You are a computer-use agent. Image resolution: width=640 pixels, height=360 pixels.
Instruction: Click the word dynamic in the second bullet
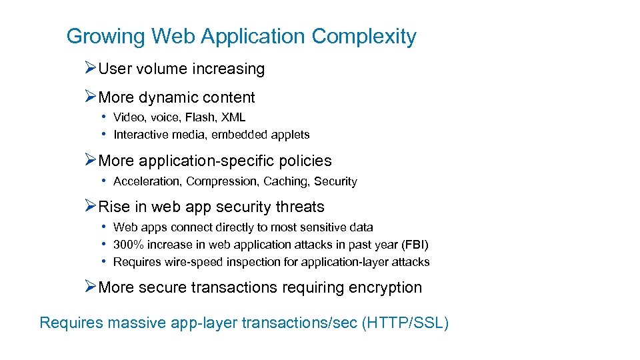(x=171, y=97)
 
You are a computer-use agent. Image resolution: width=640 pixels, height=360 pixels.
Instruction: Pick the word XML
(x=233, y=117)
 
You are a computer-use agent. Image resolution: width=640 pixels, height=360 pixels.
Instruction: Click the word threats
(x=298, y=207)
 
